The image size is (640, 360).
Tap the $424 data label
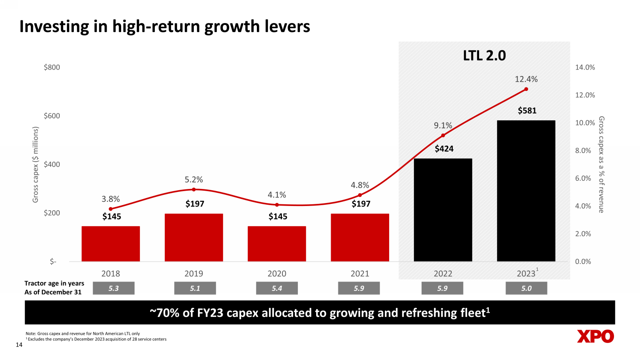click(444, 148)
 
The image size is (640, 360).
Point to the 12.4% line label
click(526, 79)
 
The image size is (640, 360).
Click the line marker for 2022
click(443, 136)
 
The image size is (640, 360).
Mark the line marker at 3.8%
click(111, 209)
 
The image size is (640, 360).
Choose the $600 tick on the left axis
click(52, 116)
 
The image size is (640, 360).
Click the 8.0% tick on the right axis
click(585, 151)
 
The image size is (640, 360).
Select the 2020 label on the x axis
click(277, 273)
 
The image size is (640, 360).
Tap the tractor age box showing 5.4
click(277, 288)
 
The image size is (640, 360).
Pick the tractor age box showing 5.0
click(526, 288)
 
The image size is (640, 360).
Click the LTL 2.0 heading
click(484, 55)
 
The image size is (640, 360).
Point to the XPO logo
click(596, 337)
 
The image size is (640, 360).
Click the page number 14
click(19, 345)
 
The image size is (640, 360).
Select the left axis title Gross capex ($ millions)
click(35, 164)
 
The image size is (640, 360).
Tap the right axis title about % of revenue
click(601, 164)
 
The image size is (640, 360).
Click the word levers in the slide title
click(286, 26)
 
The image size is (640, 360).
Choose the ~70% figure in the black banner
click(164, 313)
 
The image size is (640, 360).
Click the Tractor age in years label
click(54, 283)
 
